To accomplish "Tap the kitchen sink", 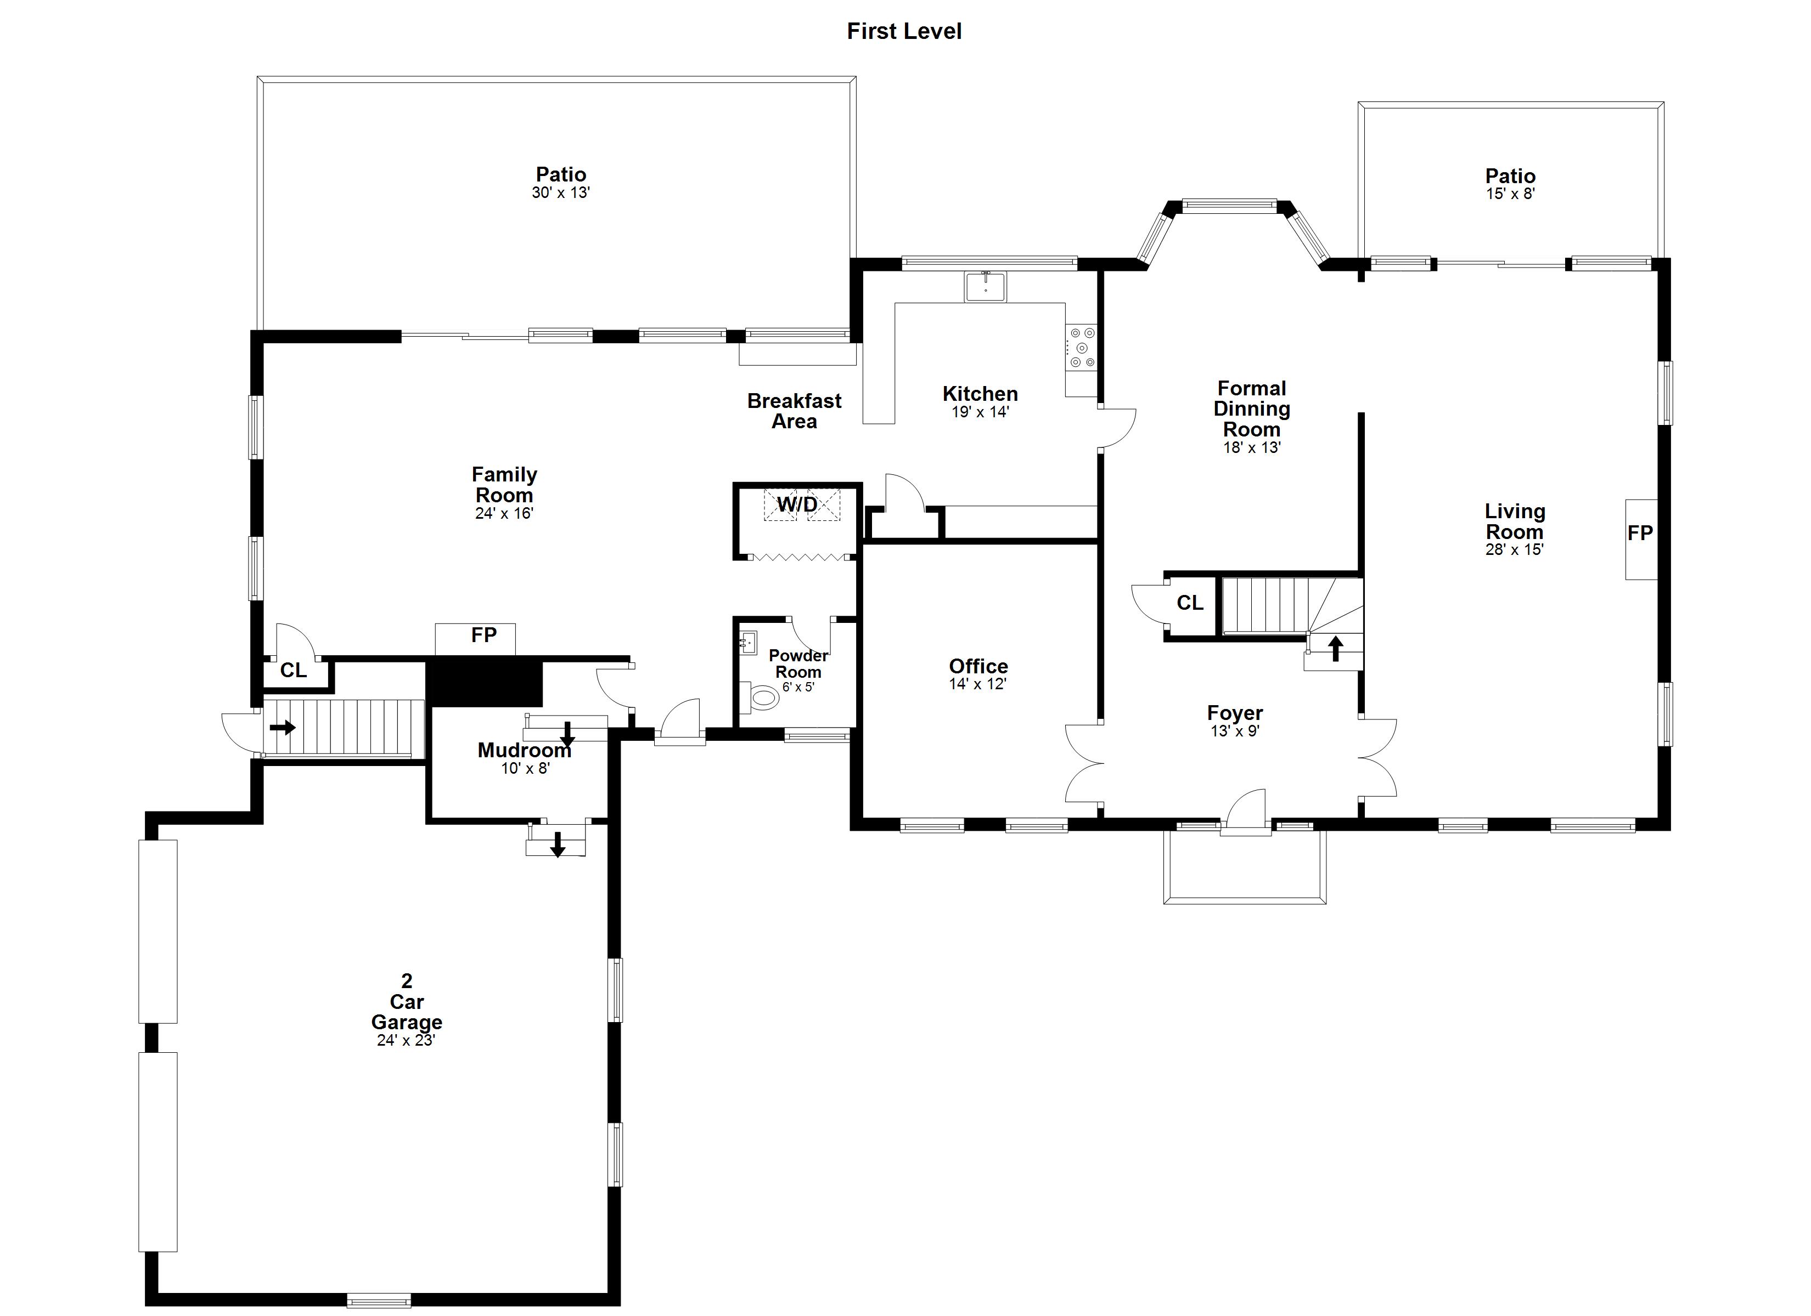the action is point(986,286).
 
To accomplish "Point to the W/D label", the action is point(798,504).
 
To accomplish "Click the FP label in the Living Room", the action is point(1640,533).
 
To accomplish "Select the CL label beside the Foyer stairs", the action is point(1190,603).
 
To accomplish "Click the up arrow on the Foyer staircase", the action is point(1335,648).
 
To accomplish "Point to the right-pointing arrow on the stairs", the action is point(283,728).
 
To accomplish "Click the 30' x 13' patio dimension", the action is point(560,192).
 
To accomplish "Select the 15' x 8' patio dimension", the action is point(1510,194).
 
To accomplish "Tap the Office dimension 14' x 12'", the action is point(977,684).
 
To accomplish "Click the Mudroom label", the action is point(525,750).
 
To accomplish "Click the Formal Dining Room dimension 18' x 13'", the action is point(1251,447).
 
